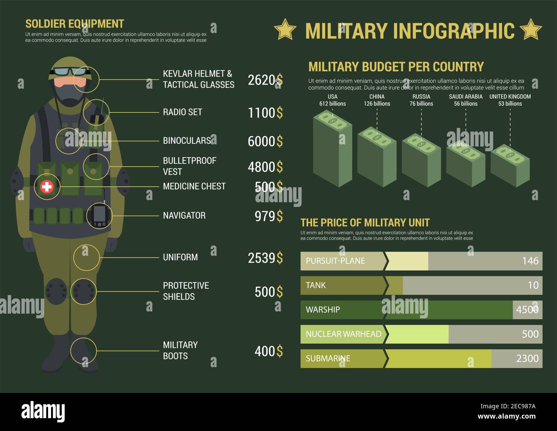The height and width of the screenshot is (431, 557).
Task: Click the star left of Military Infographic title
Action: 285,30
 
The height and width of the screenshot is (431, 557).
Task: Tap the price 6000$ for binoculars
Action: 265,141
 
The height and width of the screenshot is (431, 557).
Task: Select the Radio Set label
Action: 183,112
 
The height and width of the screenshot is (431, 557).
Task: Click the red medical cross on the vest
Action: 47,186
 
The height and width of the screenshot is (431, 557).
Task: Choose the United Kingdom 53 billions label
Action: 510,100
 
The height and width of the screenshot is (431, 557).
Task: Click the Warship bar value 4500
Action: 527,310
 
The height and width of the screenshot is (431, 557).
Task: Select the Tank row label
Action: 316,285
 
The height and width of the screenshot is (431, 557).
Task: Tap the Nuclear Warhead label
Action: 343,334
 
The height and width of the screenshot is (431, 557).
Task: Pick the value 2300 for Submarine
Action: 527,359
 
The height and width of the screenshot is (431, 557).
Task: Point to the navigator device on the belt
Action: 99,215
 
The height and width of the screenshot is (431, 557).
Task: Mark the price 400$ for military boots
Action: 269,351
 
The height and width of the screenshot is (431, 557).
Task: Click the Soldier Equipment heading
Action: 75,24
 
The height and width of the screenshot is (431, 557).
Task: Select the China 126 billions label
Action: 377,100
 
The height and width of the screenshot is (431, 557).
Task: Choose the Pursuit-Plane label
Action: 335,261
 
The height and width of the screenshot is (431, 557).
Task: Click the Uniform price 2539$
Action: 265,257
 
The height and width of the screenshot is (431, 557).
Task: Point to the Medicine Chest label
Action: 194,186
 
